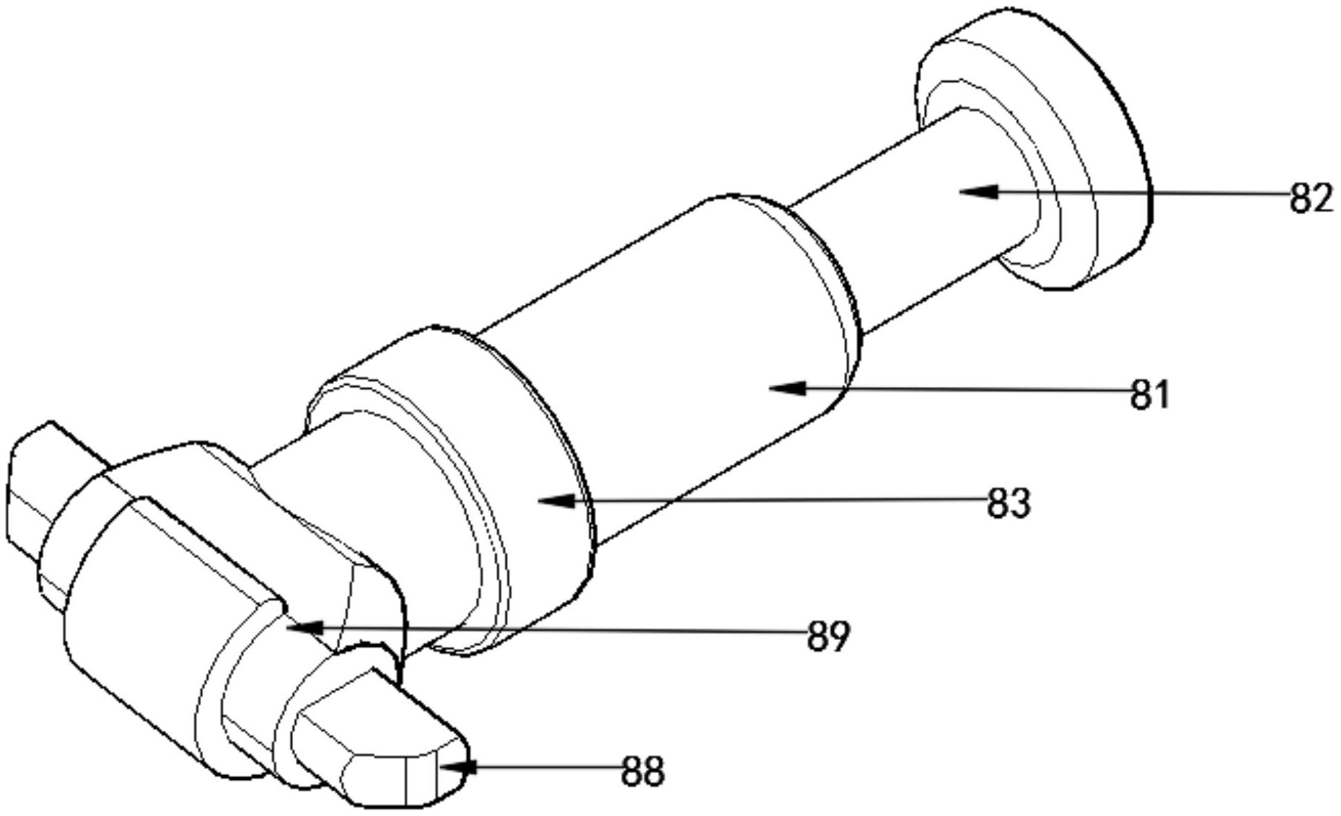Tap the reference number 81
1150,394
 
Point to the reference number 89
828,635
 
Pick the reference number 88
642,771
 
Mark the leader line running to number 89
554,630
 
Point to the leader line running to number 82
1143,193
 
